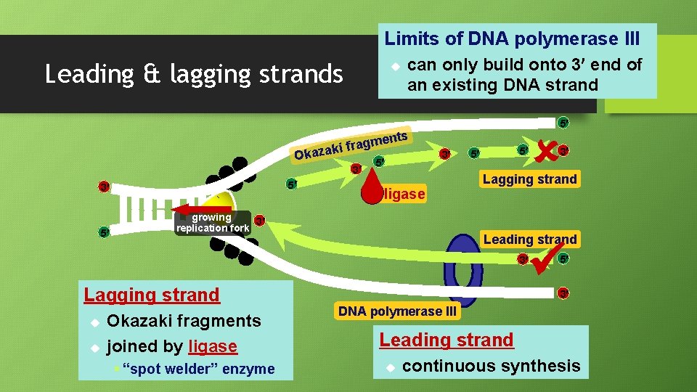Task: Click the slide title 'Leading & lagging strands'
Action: pos(194,74)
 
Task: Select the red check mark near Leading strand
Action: pos(545,261)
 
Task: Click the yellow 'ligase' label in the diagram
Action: pos(404,195)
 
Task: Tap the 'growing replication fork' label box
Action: pos(212,223)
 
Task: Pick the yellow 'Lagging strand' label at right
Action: pos(529,179)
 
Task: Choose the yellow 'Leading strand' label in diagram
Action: pos(529,240)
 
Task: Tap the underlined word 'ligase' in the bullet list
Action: pos(212,346)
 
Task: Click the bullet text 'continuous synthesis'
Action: pos(491,366)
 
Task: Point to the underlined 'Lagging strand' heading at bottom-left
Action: pos(152,295)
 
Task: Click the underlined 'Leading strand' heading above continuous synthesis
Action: pos(446,339)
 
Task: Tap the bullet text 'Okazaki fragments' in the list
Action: pos(184,321)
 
